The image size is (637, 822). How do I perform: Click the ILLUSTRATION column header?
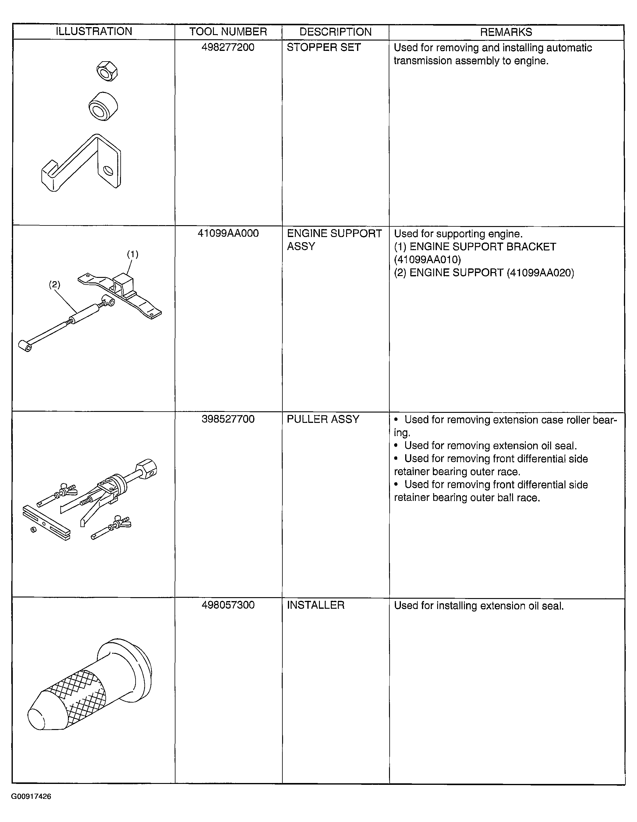(x=94, y=32)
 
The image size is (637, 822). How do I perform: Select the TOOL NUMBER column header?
(x=228, y=32)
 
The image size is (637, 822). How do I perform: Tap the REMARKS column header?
(x=506, y=32)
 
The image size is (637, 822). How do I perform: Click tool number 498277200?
(x=228, y=48)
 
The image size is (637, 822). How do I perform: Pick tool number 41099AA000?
(x=228, y=233)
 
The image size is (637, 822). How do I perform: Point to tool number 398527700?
(x=228, y=419)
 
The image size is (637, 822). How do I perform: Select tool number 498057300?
(x=228, y=605)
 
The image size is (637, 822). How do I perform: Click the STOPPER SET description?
(x=324, y=48)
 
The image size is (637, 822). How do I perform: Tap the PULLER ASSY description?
(x=323, y=419)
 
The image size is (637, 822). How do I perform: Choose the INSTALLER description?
(x=315, y=605)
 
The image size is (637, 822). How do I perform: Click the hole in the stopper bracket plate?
(x=108, y=171)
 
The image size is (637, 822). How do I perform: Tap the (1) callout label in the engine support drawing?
(x=133, y=254)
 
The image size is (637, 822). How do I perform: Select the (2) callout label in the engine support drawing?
(x=55, y=285)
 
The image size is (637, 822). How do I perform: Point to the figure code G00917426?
(x=31, y=796)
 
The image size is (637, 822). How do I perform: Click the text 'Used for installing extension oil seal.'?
(x=479, y=606)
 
